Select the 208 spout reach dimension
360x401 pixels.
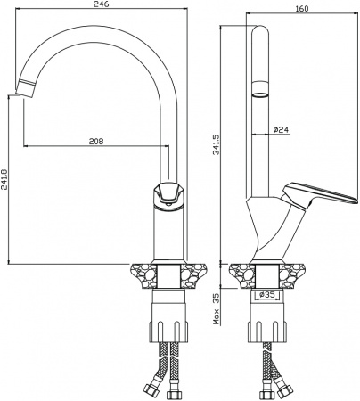tap(96, 142)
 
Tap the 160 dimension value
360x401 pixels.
tap(302, 9)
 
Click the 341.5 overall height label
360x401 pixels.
tap(217, 144)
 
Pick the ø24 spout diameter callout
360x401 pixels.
tap(281, 130)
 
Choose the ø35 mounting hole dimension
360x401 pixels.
tap(266, 294)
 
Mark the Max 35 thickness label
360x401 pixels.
tap(217, 309)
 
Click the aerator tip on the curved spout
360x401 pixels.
tap(26, 88)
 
